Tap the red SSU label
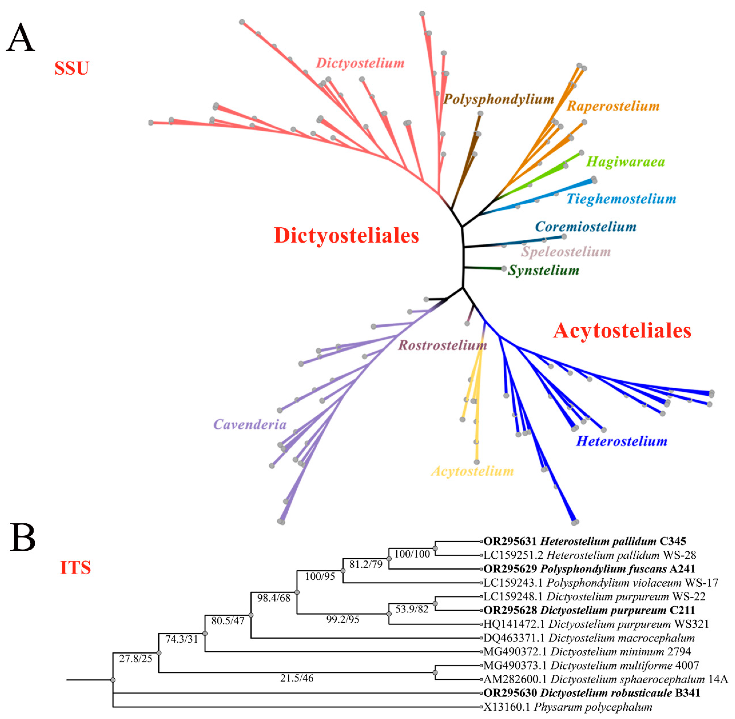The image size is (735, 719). click(x=71, y=68)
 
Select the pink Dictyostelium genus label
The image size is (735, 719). click(x=360, y=63)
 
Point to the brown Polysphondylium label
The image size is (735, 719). click(x=499, y=99)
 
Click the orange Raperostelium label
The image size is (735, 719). click(x=613, y=106)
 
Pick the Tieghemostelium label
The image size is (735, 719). click(x=621, y=199)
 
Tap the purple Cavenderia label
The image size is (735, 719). click(x=250, y=424)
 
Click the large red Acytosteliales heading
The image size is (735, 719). click(x=622, y=331)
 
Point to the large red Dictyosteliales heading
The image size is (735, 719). click(x=346, y=236)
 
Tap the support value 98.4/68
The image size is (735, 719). click(x=274, y=598)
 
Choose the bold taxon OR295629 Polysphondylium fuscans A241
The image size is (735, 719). click(x=589, y=569)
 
